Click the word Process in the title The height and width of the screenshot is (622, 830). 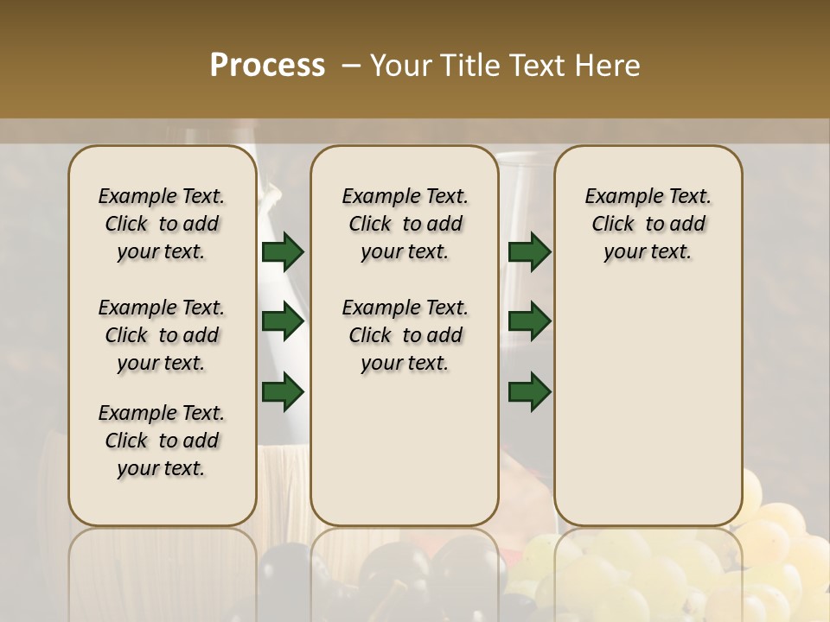point(267,65)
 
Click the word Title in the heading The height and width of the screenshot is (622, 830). point(466,65)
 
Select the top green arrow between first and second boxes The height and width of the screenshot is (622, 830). point(283,252)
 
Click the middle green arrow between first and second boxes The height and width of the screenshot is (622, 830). point(283,322)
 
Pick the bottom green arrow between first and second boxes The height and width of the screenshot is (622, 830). point(283,392)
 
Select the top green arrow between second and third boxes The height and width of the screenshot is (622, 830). point(529,252)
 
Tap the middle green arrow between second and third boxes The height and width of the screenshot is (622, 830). point(529,322)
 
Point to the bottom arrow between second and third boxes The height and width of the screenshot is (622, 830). point(529,392)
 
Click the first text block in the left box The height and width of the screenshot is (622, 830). point(162,224)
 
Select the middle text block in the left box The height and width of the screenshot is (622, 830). point(162,335)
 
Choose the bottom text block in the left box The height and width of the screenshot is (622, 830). point(162,441)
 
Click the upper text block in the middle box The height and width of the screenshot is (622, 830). point(405,224)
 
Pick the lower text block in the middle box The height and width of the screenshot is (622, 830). point(405,335)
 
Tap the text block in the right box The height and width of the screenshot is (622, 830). point(648,224)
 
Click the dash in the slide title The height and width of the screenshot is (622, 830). point(351,66)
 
